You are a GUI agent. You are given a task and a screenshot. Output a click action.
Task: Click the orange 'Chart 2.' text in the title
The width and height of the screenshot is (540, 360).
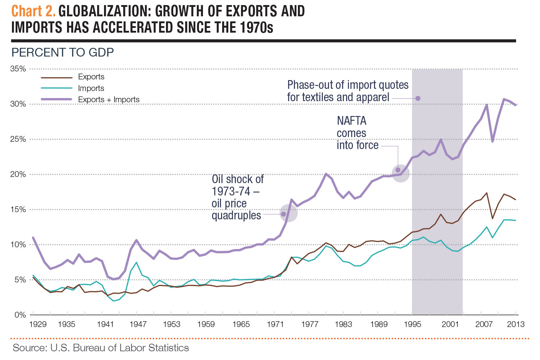point(33,11)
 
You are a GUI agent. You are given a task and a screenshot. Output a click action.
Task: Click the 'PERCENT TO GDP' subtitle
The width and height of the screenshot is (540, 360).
point(63,53)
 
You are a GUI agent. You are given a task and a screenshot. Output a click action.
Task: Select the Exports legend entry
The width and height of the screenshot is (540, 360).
point(91,77)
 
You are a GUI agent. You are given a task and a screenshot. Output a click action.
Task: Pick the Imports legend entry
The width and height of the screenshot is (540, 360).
point(91,88)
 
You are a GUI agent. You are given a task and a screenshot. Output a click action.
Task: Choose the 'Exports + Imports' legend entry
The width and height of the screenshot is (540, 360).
point(108,100)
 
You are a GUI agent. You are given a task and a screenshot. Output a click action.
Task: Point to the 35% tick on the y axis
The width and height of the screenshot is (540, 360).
point(18,69)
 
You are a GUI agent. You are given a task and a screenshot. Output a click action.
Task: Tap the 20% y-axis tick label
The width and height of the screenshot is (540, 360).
point(18,174)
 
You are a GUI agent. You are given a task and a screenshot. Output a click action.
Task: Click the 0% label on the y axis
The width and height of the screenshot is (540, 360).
point(20,315)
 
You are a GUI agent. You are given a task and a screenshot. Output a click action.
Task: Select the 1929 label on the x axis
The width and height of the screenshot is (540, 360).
point(38,324)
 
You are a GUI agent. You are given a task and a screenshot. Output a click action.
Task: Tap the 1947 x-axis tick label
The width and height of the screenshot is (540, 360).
point(138,324)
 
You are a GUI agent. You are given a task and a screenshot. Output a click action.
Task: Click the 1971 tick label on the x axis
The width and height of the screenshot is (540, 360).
point(275,324)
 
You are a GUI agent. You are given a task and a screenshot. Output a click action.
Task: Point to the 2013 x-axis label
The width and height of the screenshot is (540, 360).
point(516,324)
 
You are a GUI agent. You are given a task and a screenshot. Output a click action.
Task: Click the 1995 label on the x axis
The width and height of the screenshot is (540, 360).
point(412,324)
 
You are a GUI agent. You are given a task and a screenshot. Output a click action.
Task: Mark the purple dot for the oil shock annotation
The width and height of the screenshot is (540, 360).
point(283,214)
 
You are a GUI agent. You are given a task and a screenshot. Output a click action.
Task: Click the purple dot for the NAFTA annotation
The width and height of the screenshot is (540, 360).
point(398,170)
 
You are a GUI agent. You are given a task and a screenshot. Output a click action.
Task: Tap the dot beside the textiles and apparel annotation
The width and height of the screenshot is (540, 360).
point(418,98)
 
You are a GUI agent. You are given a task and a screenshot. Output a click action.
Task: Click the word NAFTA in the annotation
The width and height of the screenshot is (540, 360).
point(352,121)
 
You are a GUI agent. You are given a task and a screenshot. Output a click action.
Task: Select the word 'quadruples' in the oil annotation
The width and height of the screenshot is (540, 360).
point(236,216)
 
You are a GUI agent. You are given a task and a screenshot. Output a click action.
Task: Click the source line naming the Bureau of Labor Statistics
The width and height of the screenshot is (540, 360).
point(101,348)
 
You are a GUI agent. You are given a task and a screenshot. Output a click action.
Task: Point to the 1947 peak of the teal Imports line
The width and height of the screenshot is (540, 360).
point(136,262)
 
